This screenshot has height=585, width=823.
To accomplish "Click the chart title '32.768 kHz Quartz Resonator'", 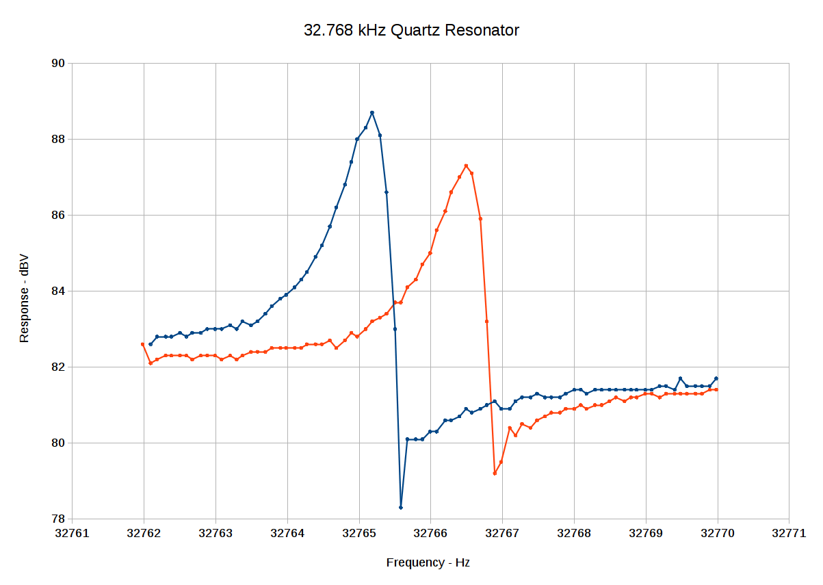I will point(411,31).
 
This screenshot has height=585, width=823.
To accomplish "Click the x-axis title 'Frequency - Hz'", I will point(428,562).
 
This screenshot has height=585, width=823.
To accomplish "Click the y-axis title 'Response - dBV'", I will point(25,298).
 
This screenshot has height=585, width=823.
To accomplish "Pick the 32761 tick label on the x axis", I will point(72,534).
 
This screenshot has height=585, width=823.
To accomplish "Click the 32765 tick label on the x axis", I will point(359,534).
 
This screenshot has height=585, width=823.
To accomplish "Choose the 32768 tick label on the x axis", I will point(574,534).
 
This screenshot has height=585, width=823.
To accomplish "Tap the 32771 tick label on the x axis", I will point(789,534).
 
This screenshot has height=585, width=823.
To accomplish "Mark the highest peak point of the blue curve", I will point(371,112).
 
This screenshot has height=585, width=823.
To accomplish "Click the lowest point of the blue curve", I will point(401,508).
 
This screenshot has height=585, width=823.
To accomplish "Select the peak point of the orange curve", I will point(466,166).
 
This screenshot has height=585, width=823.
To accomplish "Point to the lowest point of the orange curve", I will point(495,473).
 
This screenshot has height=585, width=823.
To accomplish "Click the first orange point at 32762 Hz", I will point(142,344).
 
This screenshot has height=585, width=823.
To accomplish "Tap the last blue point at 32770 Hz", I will point(716,378).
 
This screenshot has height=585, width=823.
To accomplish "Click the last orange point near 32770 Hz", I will point(716,389).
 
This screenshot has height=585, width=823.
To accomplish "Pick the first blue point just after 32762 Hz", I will point(151,344).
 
